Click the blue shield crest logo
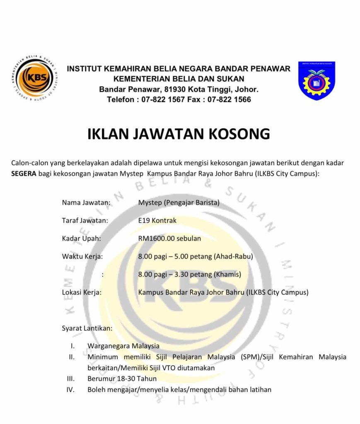point(317,81)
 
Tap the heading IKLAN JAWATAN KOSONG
point(179,134)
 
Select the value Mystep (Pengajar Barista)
point(179,203)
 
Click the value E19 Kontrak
point(157,221)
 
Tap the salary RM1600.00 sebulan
point(169,238)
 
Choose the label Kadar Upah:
point(81,238)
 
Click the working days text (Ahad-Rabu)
point(233,256)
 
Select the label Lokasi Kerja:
point(82,292)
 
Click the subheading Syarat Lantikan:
point(87,328)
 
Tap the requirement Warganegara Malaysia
point(123,346)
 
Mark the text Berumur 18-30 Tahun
point(122,378)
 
